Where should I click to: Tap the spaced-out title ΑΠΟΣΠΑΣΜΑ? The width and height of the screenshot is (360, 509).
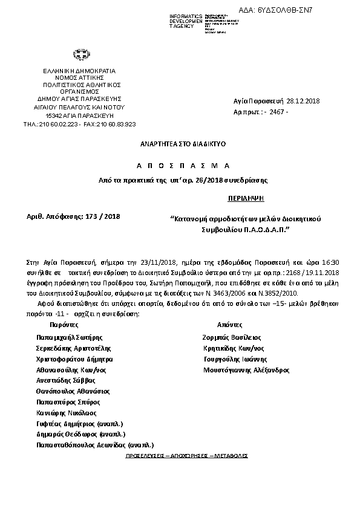[180, 165]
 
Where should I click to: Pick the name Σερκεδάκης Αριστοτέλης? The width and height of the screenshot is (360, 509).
[74, 348]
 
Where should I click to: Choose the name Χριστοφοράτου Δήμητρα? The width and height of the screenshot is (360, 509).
[74, 358]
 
